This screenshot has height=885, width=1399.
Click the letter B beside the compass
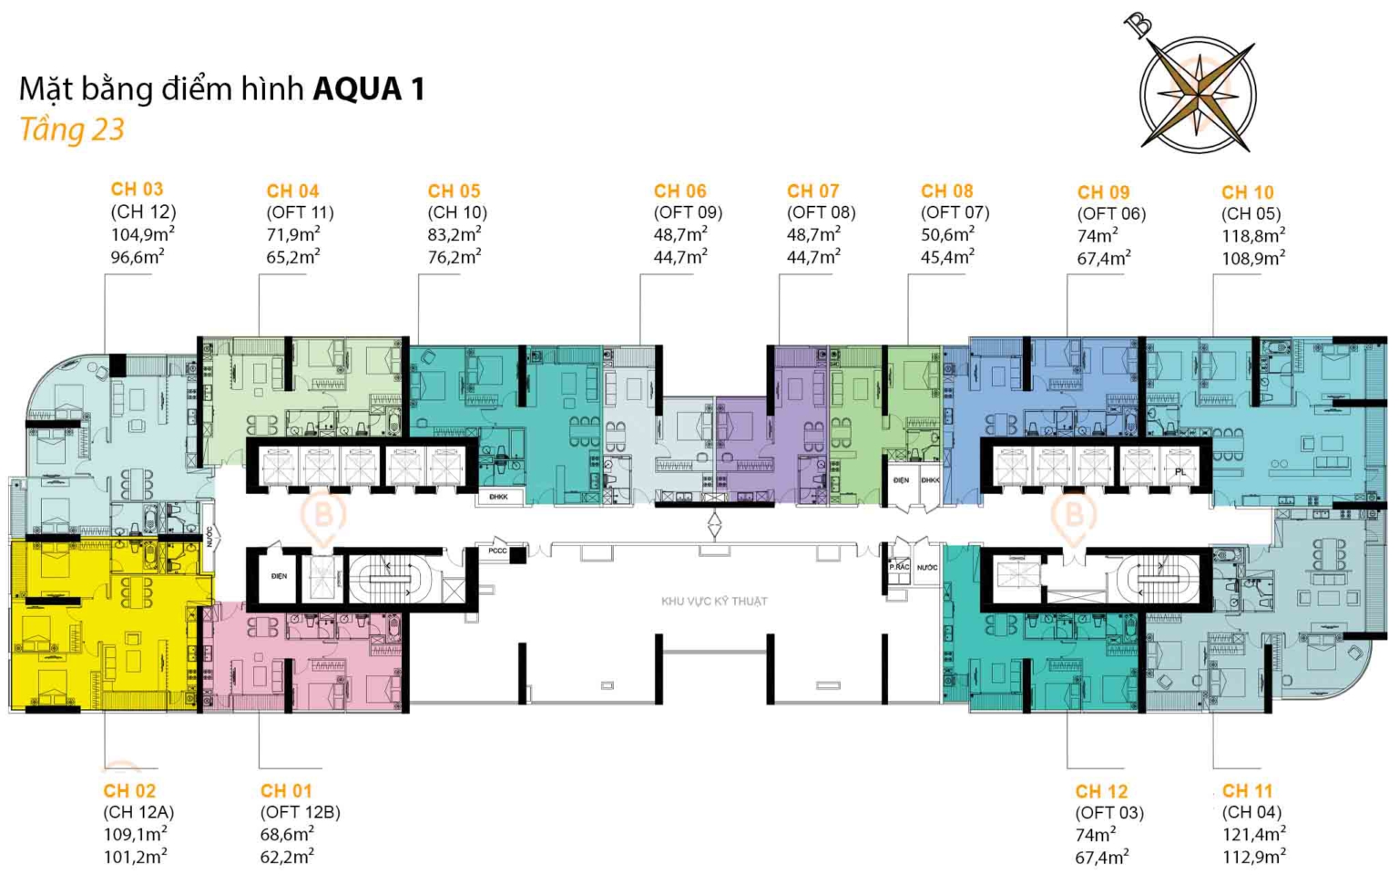pos(1139,25)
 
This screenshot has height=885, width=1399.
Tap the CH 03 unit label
pos(137,190)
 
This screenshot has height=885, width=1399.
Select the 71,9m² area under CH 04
pos(293,234)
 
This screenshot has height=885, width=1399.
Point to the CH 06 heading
pos(679,191)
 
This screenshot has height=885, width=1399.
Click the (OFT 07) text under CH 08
pos(955,212)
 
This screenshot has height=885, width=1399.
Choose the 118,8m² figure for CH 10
pos(1253,236)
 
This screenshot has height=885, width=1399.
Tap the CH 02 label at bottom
pos(129,790)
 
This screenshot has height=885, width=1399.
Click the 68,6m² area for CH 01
pos(287,834)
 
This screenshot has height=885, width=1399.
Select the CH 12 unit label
pos(1101,791)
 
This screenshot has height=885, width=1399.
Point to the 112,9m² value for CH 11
pos(1254,856)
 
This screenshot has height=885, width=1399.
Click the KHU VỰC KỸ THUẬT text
pos(714,602)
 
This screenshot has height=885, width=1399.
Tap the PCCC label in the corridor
pos(497,551)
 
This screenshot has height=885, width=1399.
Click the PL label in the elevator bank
pos(1180,471)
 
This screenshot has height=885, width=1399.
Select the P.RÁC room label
pos(899,567)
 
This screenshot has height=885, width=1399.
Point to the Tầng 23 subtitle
pos(72,129)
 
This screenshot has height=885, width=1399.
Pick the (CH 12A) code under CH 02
pos(138,812)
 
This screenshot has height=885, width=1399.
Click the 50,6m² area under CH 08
pos(947,234)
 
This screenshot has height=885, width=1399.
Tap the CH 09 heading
pos(1103,192)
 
